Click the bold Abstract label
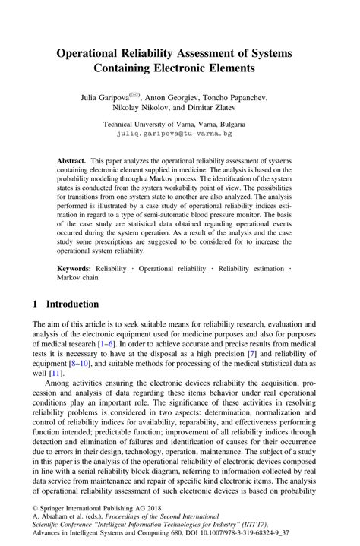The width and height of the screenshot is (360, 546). pos(72,163)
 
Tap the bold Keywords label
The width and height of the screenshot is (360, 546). pos(75,269)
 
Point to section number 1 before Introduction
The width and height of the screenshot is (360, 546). pos(35,303)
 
